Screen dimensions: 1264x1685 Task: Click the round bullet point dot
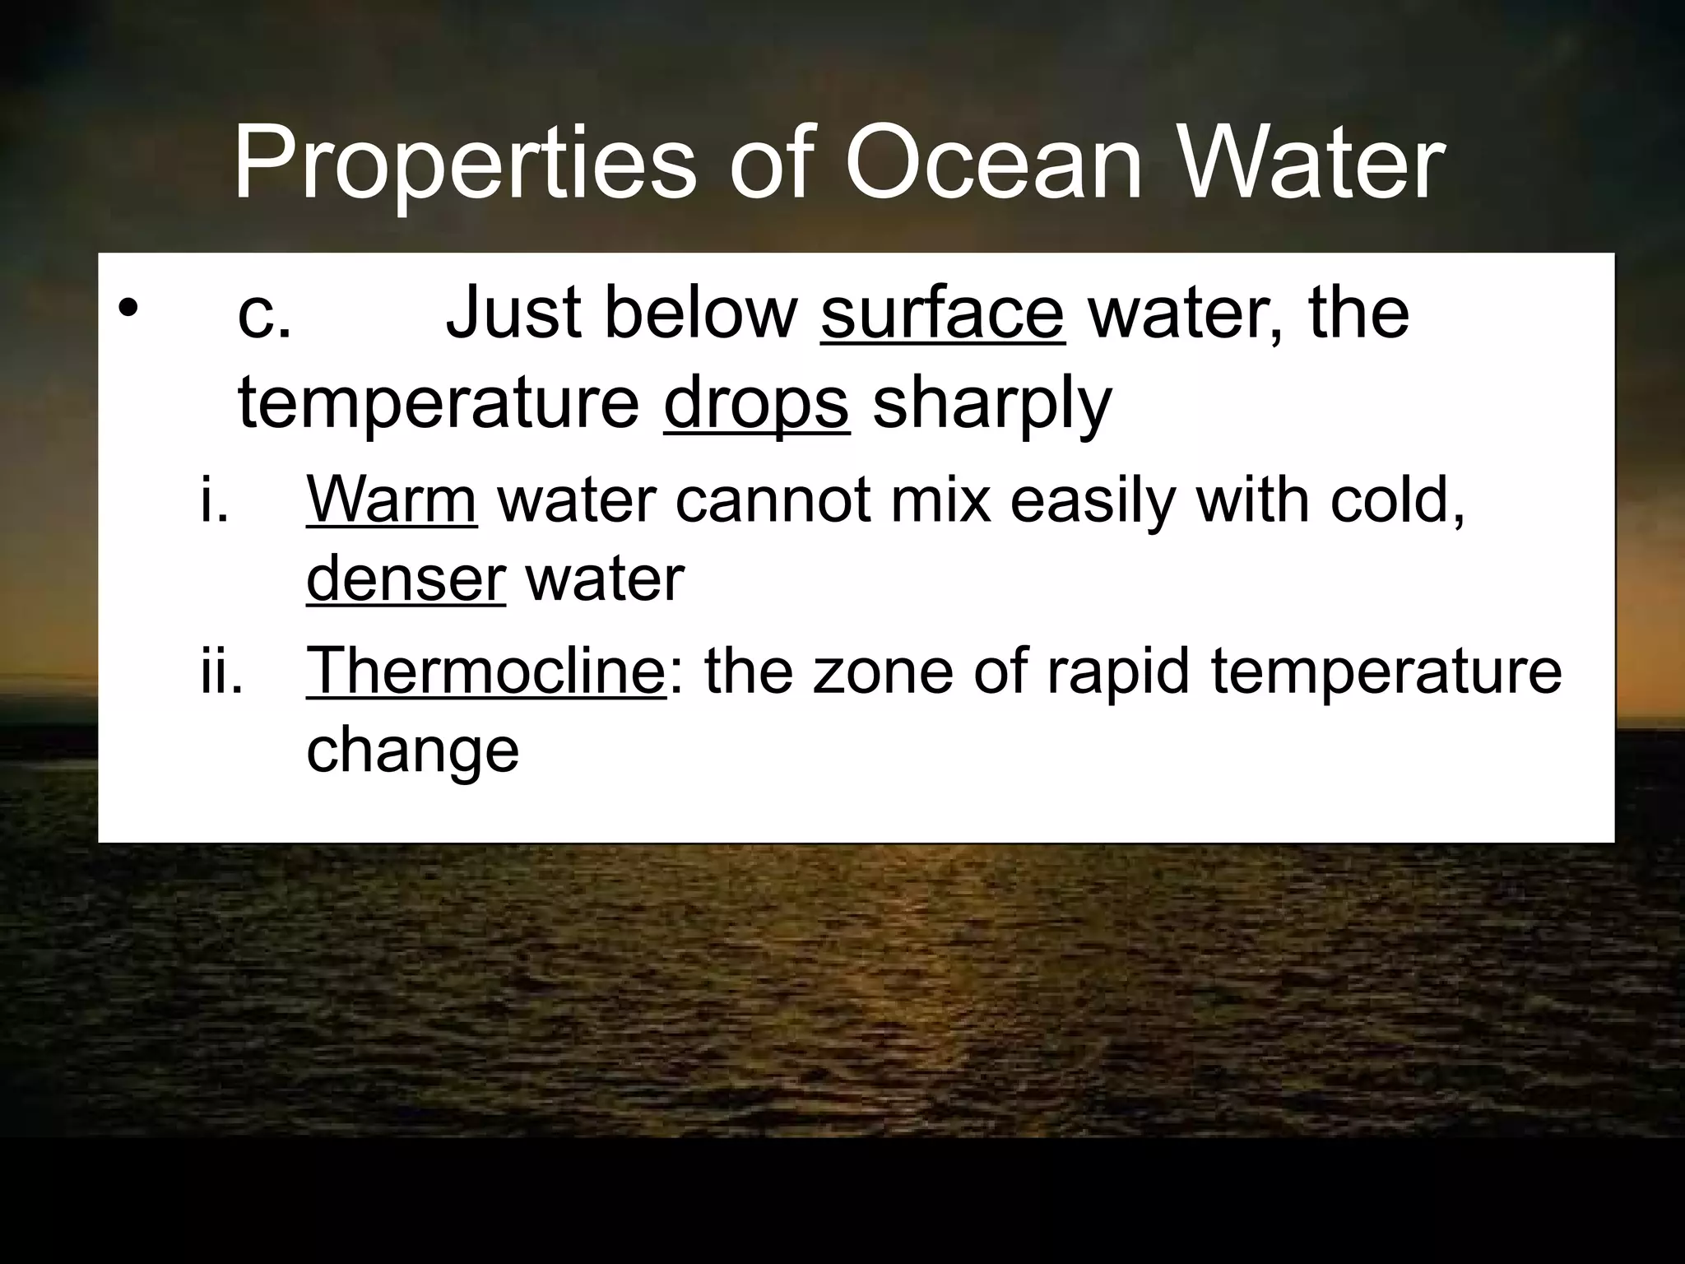(x=127, y=309)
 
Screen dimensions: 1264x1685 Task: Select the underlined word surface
(x=942, y=313)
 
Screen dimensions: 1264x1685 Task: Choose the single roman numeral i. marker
(x=214, y=500)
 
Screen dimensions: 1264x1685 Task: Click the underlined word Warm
(x=392, y=500)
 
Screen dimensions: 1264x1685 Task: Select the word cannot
(x=773, y=500)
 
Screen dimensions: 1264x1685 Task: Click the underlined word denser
(x=406, y=579)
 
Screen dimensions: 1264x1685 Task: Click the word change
(x=412, y=750)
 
